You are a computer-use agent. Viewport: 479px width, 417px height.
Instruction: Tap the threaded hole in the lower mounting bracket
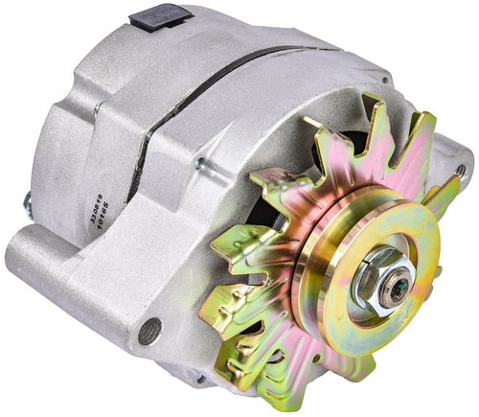pos(149,334)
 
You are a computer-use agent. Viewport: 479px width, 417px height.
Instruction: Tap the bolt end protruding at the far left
pos(26,202)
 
